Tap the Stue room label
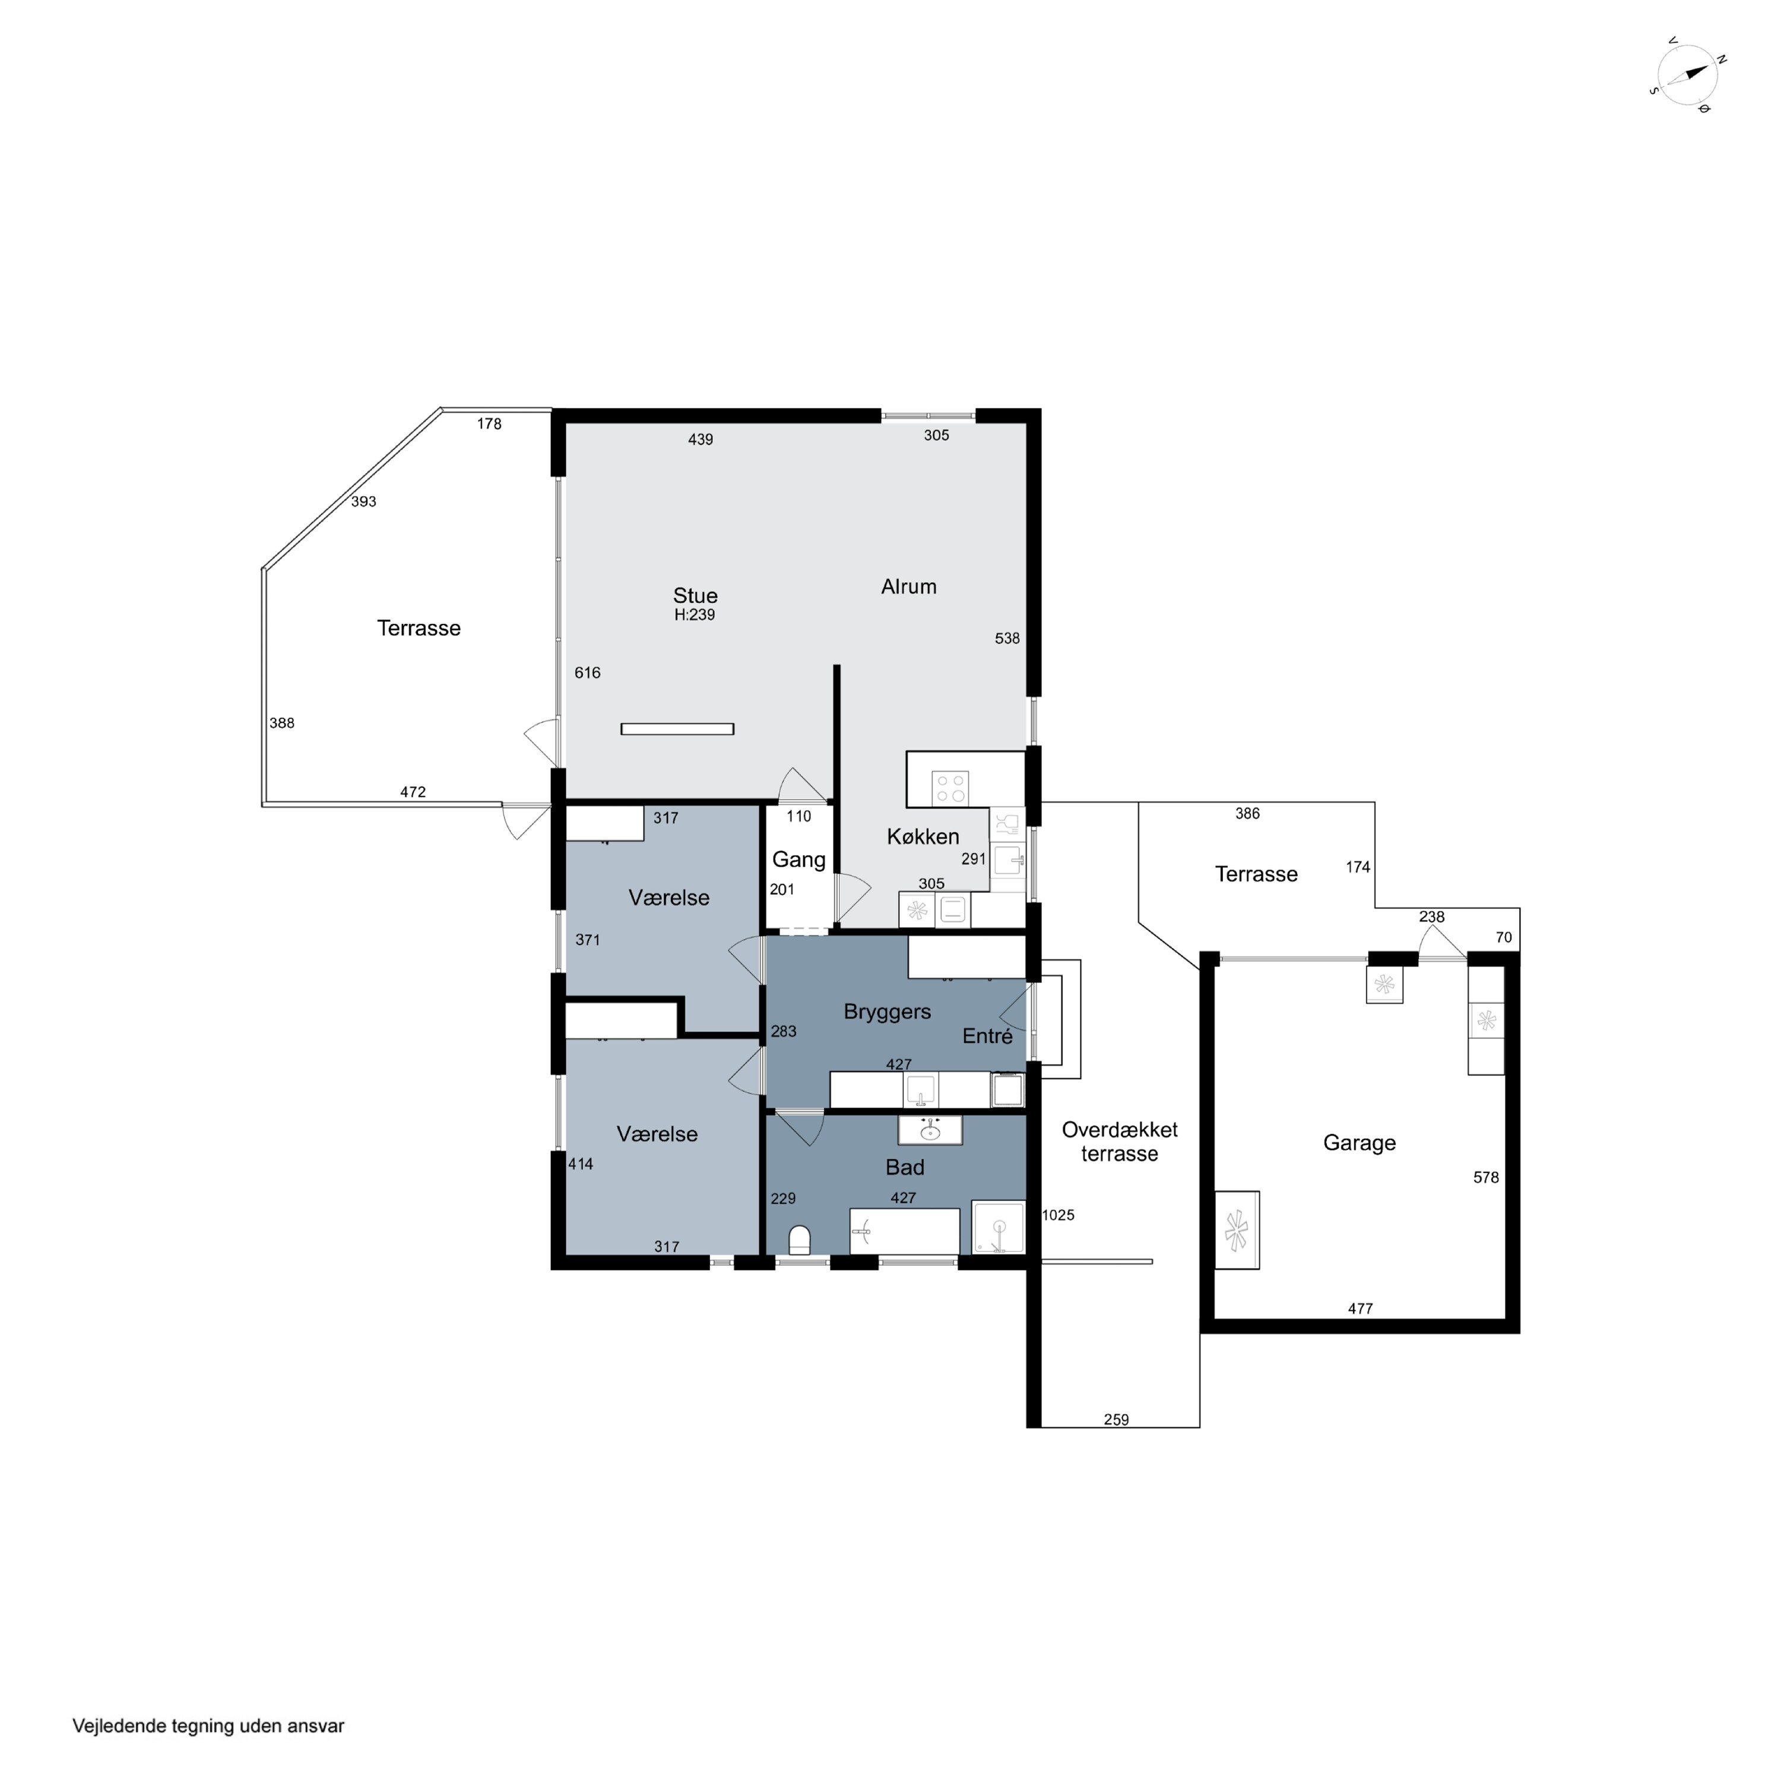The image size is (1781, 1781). point(695,595)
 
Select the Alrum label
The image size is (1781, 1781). point(908,587)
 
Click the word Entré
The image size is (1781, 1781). point(987,1036)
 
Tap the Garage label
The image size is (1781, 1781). point(1359,1143)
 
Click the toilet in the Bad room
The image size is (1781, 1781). point(799,1240)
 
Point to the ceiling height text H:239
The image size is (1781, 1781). point(694,615)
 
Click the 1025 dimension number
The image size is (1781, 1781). point(1059,1215)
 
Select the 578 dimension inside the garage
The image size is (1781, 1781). point(1486,1177)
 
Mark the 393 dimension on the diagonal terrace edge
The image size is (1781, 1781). point(363,502)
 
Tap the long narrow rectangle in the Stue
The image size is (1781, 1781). point(677,729)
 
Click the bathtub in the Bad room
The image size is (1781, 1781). point(904,1231)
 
